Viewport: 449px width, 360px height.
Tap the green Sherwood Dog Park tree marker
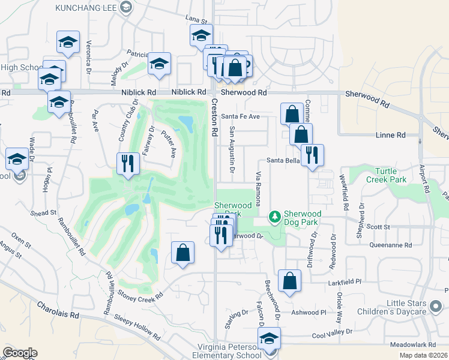point(274,215)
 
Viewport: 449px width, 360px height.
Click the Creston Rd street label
point(214,120)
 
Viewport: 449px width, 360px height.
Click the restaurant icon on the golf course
point(128,163)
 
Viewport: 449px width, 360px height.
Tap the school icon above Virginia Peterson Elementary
point(270,338)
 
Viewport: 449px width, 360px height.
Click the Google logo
point(20,353)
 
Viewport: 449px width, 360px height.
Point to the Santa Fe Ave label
point(240,116)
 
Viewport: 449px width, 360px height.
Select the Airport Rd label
point(426,181)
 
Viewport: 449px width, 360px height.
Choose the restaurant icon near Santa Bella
point(312,155)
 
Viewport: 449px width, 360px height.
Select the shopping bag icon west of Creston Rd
point(182,253)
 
